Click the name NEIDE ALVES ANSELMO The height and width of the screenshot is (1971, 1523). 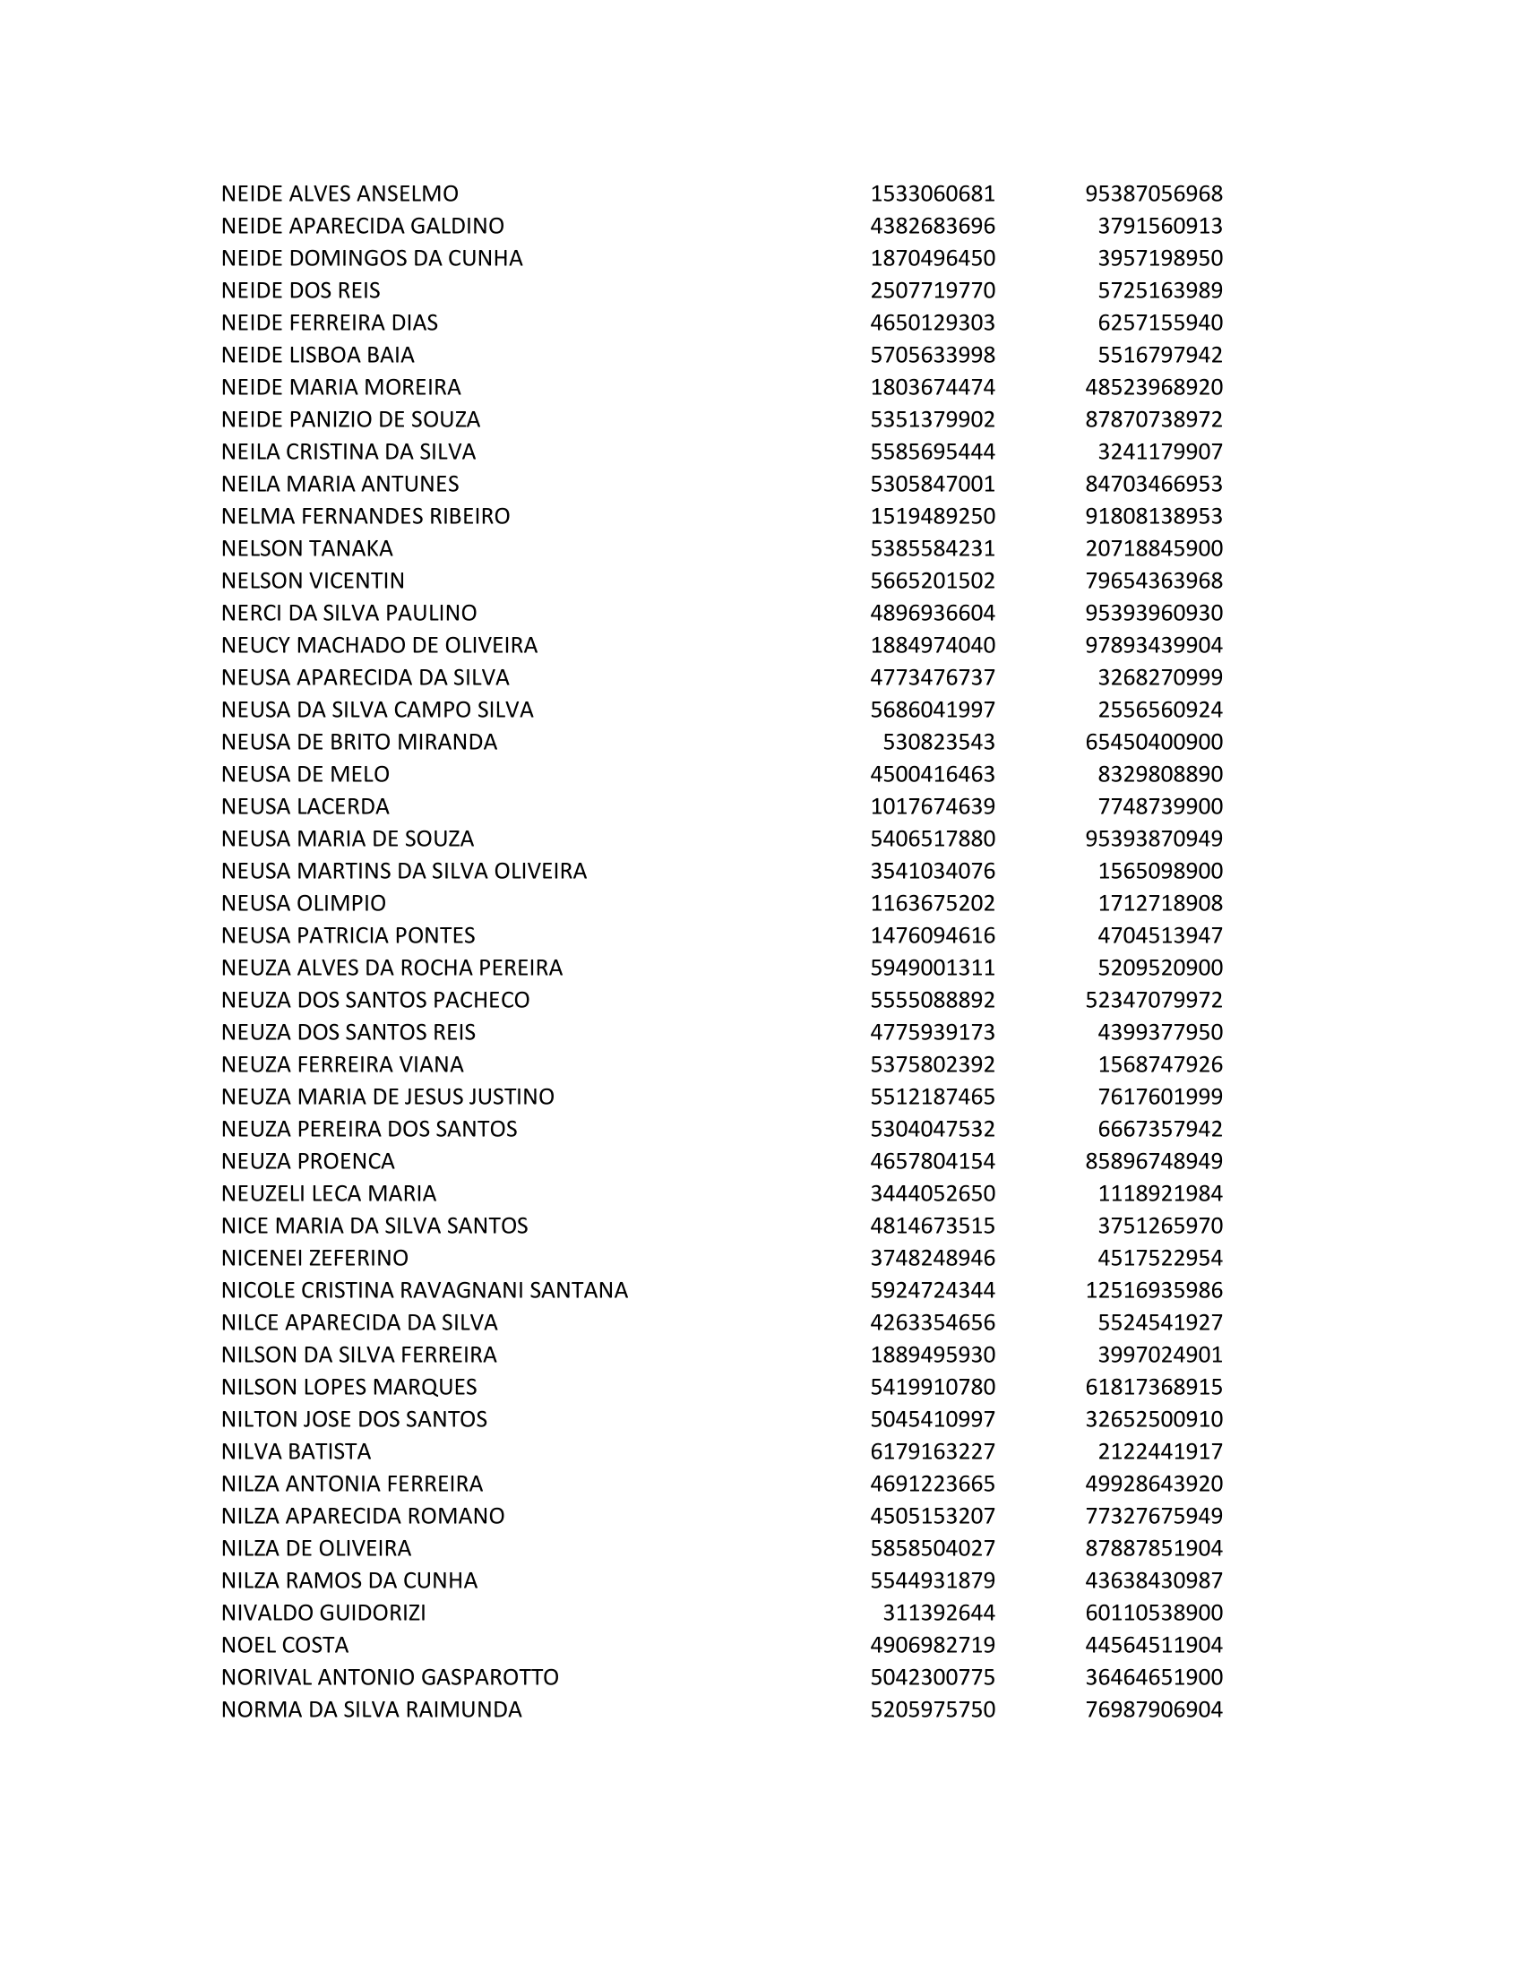coord(340,194)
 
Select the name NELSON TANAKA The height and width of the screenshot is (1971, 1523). coord(306,548)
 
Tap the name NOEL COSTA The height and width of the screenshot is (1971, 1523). coord(285,1645)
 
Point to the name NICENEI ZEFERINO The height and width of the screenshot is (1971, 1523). coord(314,1258)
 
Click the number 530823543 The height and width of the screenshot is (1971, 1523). coord(938,742)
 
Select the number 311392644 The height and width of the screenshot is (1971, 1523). coord(938,1613)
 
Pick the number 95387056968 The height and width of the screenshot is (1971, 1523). coord(1153,194)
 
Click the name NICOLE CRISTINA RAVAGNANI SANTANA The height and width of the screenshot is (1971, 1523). coord(424,1290)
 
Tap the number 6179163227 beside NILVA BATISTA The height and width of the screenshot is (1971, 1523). coord(932,1451)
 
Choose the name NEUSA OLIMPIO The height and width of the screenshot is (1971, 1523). coord(303,903)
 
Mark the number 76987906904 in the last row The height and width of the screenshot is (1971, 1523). coord(1153,1709)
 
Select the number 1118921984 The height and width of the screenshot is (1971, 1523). coord(1159,1193)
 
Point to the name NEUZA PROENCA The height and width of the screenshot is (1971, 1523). coord(307,1161)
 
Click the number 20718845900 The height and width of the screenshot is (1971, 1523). coord(1153,548)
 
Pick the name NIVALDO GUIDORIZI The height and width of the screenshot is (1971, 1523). coord(323,1613)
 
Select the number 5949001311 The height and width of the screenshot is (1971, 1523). coord(932,968)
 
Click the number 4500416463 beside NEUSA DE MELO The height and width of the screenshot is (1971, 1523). coord(932,774)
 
